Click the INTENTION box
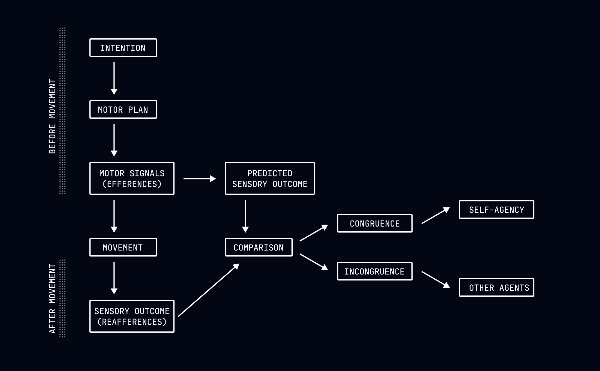(123, 48)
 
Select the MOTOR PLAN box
(123, 109)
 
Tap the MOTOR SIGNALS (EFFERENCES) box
(132, 178)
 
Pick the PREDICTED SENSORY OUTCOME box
(270, 178)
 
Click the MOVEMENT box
(123, 247)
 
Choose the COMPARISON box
(258, 247)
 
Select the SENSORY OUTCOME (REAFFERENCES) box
(132, 316)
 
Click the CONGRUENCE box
(375, 223)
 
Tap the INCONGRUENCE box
(375, 271)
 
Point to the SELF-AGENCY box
(496, 209)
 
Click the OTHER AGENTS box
(496, 287)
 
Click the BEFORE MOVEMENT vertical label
(52, 116)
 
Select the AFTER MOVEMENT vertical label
(52, 298)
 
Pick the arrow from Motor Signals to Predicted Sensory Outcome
(199, 179)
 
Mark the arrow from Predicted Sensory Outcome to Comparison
(245, 216)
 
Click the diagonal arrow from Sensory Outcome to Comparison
(208, 290)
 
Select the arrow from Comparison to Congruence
(314, 233)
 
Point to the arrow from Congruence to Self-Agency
(435, 215)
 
